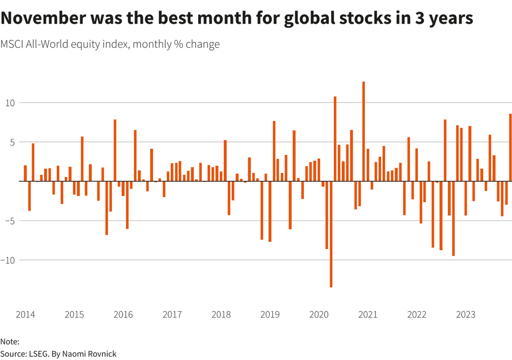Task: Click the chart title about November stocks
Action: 237,18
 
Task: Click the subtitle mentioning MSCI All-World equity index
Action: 110,44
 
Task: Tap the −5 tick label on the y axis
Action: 9,221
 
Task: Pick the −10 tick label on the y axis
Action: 7,260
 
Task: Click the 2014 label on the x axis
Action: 25,315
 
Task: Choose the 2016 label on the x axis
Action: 123,315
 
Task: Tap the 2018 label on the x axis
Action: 221,315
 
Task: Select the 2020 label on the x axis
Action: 319,315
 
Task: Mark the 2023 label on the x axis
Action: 466,315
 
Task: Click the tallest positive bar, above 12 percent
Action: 363,131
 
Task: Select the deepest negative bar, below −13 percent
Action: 331,234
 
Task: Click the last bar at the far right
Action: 510,148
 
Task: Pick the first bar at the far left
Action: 25,173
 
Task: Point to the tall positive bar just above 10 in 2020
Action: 335,139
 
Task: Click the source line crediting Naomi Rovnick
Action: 58,354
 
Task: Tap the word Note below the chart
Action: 9,342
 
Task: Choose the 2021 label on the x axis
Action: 368,315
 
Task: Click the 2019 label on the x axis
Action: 270,315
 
